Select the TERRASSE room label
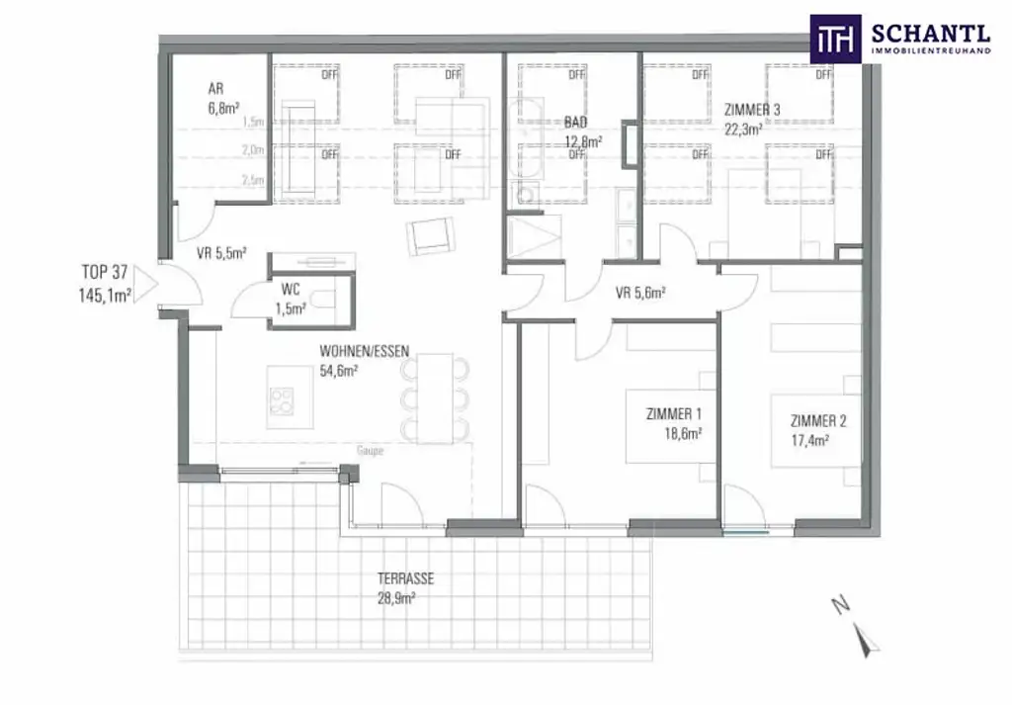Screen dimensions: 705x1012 405,579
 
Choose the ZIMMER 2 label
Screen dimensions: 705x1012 817,420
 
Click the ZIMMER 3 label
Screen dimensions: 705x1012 752,110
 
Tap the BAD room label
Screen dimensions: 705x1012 575,123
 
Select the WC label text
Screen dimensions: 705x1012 290,291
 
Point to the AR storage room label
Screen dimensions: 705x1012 215,88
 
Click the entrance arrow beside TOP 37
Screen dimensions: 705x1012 143,284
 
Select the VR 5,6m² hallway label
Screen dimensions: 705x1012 639,293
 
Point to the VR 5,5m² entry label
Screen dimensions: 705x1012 220,253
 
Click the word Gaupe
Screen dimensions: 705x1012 370,450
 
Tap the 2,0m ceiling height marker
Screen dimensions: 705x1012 253,150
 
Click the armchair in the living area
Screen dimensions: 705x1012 431,235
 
